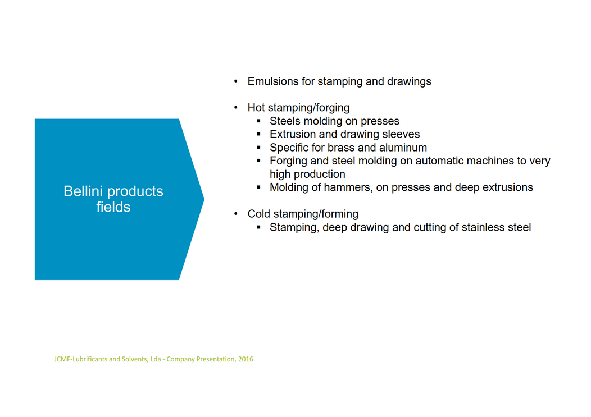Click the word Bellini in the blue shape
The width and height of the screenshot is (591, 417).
(x=83, y=191)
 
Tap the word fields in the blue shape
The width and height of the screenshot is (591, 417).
(x=113, y=207)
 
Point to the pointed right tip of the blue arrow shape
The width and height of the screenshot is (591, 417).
(x=204, y=199)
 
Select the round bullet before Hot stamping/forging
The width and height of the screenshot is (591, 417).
(x=235, y=108)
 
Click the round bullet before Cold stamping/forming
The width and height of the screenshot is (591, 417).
(x=235, y=214)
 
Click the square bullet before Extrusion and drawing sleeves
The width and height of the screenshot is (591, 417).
(x=258, y=134)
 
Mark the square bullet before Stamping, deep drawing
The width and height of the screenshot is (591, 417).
(x=258, y=227)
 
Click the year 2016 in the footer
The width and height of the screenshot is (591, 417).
(x=246, y=359)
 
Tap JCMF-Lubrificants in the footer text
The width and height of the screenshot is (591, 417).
(x=81, y=359)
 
